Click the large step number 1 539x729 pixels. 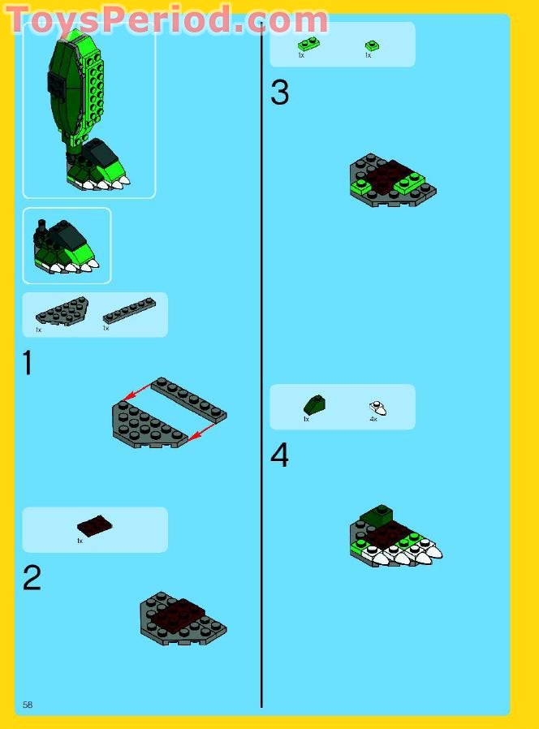(x=28, y=363)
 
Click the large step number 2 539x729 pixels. (x=31, y=578)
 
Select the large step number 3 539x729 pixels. (x=279, y=93)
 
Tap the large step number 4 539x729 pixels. (x=279, y=455)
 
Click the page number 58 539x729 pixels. (x=28, y=705)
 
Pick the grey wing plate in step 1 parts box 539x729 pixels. (x=62, y=311)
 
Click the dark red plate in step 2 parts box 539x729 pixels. (x=94, y=526)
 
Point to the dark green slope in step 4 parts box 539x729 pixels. (x=314, y=404)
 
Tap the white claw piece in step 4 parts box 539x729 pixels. (x=377, y=408)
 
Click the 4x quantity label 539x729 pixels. (x=374, y=420)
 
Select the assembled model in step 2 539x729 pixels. (x=183, y=619)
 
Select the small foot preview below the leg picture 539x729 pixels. (x=67, y=245)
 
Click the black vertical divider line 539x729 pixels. (x=261, y=365)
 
